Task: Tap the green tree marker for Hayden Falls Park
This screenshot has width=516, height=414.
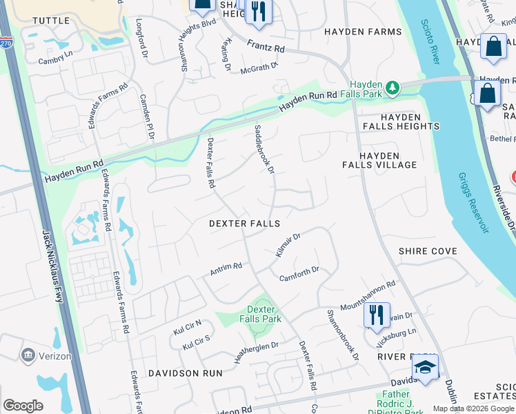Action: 392,88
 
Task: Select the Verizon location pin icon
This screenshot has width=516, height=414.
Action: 28,356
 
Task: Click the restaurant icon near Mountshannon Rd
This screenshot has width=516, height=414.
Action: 377,315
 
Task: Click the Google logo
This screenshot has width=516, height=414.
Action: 23,406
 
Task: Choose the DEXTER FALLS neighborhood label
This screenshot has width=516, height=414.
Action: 245,224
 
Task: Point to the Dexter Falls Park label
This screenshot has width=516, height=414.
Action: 264,315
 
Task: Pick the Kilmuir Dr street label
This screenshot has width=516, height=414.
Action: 288,246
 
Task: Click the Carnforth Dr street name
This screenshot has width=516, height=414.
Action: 299,274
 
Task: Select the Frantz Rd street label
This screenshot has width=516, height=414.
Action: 266,47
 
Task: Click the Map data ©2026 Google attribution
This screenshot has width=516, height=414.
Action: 473,408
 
